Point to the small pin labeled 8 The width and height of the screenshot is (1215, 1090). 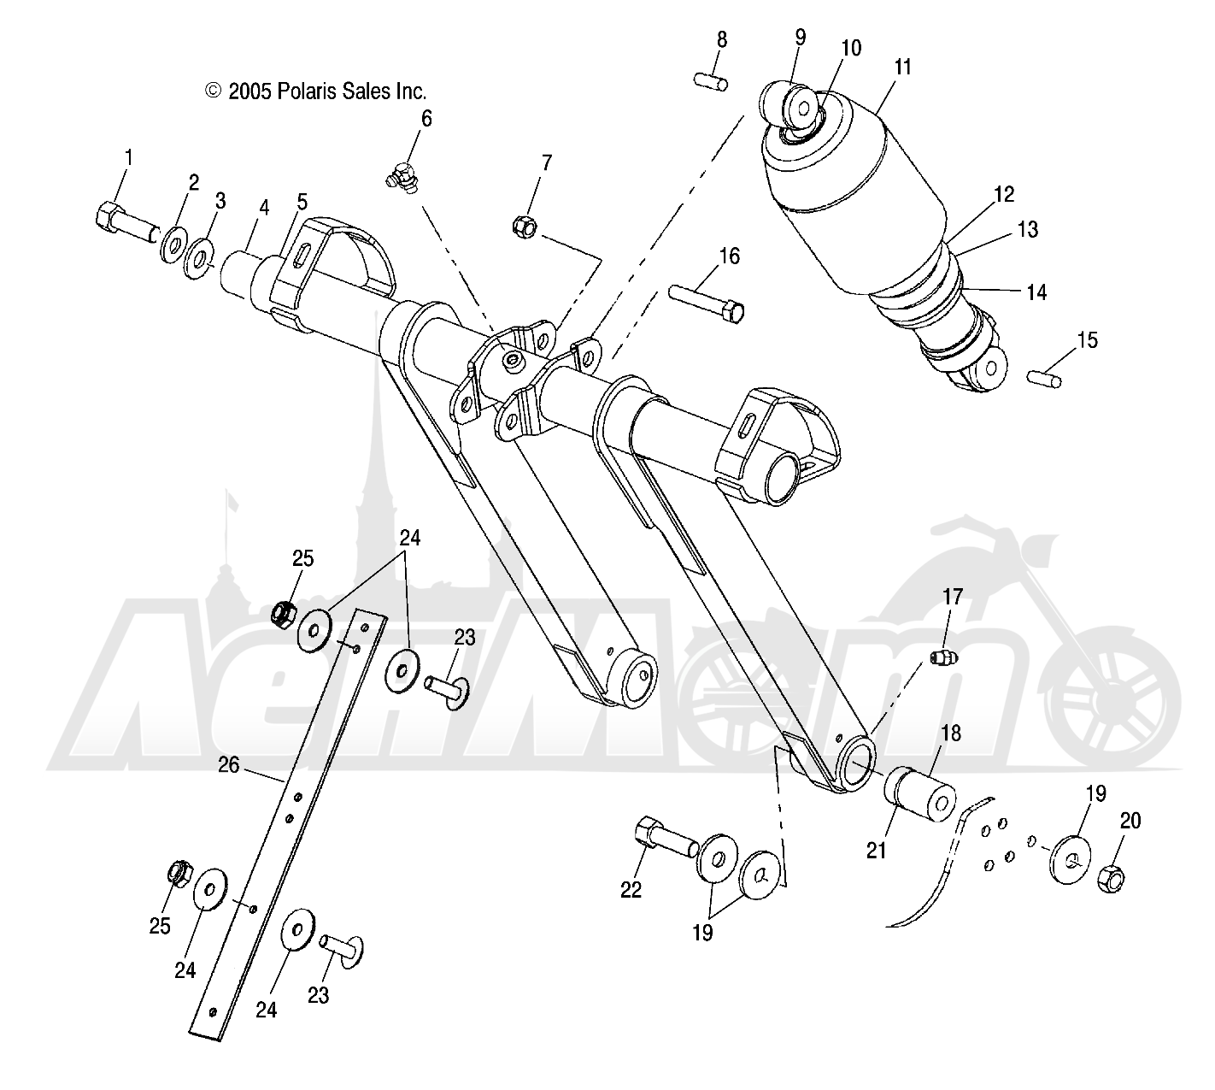point(710,81)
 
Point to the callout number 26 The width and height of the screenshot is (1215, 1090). point(228,766)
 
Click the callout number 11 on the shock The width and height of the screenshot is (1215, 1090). point(903,67)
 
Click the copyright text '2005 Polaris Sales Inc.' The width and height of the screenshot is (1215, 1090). point(315,91)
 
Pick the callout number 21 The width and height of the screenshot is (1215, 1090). point(877,850)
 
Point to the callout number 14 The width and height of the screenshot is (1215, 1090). point(1036,292)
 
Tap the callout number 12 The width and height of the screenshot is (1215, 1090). point(1004,194)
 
